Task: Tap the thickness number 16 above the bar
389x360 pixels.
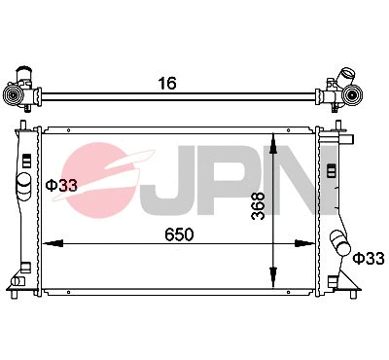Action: [168, 83]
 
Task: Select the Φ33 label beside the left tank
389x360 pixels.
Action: [61, 184]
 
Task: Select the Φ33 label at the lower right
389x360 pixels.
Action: [369, 259]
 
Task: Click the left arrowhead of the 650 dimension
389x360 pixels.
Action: [53, 244]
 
